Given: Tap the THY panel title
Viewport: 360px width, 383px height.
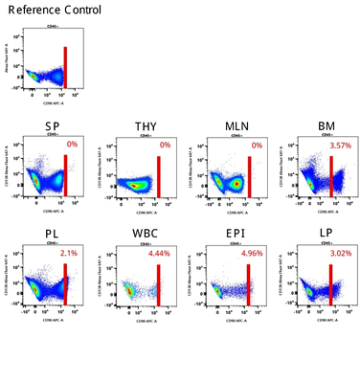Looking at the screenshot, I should click(x=146, y=128).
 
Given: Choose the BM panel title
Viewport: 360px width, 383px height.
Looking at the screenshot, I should click(x=321, y=128).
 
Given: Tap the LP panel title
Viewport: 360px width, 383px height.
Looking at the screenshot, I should click(x=321, y=233).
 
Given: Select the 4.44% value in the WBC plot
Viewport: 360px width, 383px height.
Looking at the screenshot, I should click(x=158, y=255).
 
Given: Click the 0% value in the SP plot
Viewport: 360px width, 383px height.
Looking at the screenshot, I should click(x=73, y=145).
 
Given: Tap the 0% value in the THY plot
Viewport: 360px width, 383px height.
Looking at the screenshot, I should click(x=165, y=145).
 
